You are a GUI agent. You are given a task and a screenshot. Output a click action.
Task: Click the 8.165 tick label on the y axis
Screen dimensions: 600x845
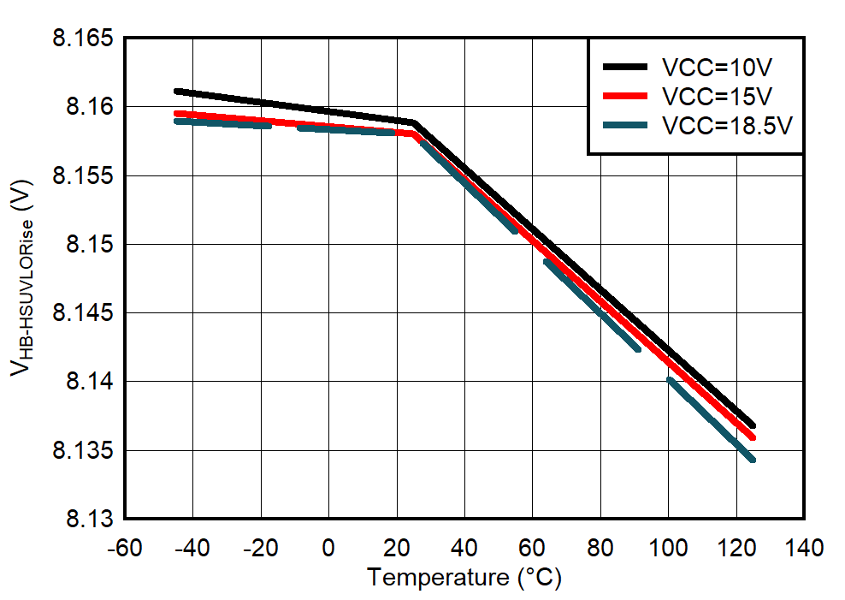(83, 39)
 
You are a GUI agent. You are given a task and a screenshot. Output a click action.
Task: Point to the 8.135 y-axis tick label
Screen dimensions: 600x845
(83, 450)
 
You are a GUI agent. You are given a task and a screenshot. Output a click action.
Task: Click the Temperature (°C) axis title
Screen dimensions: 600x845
(464, 579)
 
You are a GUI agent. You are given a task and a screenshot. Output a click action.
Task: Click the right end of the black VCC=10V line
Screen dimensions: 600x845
(753, 425)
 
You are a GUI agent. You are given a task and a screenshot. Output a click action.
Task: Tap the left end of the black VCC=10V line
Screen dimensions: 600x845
(176, 91)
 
